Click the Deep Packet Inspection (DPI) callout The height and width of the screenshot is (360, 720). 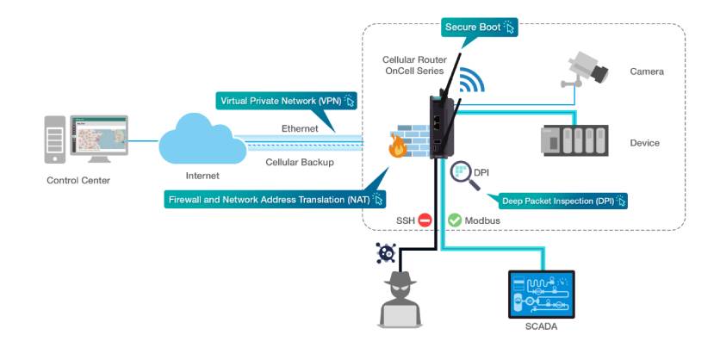click(563, 201)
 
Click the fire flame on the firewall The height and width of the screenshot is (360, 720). click(397, 146)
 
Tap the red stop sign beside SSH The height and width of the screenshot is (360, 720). click(425, 220)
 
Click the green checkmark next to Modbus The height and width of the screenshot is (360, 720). click(455, 220)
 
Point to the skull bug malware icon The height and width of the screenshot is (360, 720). click(385, 253)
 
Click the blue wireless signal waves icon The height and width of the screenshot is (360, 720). click(470, 80)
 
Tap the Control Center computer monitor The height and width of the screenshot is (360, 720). click(100, 137)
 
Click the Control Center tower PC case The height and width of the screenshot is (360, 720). click(54, 142)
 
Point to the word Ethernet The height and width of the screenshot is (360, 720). click(300, 128)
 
